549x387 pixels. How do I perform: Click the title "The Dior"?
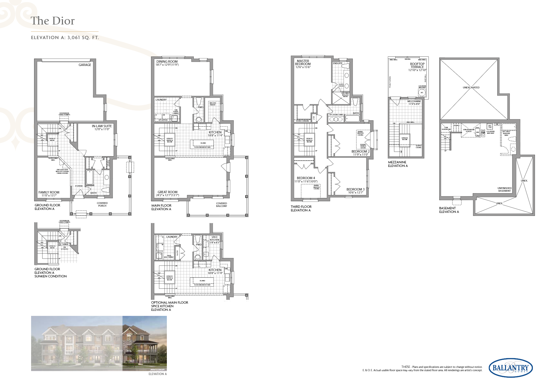coord(53,21)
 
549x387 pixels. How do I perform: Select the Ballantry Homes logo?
coord(511,368)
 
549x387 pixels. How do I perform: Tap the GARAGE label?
coord(85,65)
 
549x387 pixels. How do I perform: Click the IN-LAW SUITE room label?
coord(102,126)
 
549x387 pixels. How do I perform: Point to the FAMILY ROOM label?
coord(49,193)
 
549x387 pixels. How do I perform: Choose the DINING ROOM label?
coord(167,62)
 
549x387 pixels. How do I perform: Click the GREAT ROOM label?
coord(167,192)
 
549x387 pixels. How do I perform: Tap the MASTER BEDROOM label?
coord(303,62)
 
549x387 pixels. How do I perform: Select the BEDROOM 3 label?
coord(355,189)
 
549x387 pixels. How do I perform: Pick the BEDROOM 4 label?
coord(306,178)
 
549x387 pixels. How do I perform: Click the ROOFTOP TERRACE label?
coord(417,65)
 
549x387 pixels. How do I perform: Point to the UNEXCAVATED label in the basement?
coord(471,87)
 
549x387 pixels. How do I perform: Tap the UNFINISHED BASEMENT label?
coord(504,189)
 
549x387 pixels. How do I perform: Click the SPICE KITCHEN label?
coord(214,238)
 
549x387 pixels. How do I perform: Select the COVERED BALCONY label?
coord(221,205)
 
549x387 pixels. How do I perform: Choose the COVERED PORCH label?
coord(102,204)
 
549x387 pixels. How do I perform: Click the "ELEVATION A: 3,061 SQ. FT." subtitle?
coord(65,38)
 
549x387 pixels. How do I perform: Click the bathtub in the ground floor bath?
coord(89,177)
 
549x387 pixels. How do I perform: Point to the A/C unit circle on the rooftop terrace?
coord(422,93)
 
